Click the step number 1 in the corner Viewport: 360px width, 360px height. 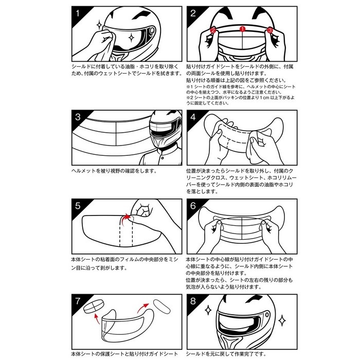pyautogui.click(x=78, y=13)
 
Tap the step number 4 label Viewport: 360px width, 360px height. pyautogui.click(x=193, y=117)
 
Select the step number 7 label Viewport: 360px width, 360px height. pyautogui.click(x=78, y=301)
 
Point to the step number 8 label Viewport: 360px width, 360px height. pyautogui.click(x=193, y=301)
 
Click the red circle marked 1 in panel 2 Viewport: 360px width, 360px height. pyautogui.click(x=242, y=29)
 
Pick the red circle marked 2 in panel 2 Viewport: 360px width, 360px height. pyautogui.click(x=213, y=30)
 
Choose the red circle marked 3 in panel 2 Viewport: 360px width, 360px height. pyautogui.click(x=270, y=30)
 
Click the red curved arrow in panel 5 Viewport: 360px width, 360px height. pyautogui.click(x=125, y=219)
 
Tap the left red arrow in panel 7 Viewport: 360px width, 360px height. pyautogui.click(x=97, y=319)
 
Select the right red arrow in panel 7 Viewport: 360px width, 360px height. pyautogui.click(x=142, y=308)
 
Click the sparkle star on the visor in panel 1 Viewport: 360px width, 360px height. pyautogui.click(x=131, y=38)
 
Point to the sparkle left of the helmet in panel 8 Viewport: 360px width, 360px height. pyautogui.click(x=208, y=310)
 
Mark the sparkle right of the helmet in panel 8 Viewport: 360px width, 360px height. pyautogui.click(x=282, y=320)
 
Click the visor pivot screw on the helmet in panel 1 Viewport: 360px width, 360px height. pyautogui.click(x=152, y=30)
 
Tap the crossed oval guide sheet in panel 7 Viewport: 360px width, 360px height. pyautogui.click(x=94, y=307)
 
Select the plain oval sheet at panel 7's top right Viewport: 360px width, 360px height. pyautogui.click(x=162, y=307)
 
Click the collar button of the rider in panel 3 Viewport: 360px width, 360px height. pyautogui.click(x=163, y=158)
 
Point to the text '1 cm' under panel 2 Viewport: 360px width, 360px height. pyautogui.click(x=264, y=98)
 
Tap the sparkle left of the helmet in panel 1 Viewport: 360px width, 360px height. pyautogui.click(x=99, y=25)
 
